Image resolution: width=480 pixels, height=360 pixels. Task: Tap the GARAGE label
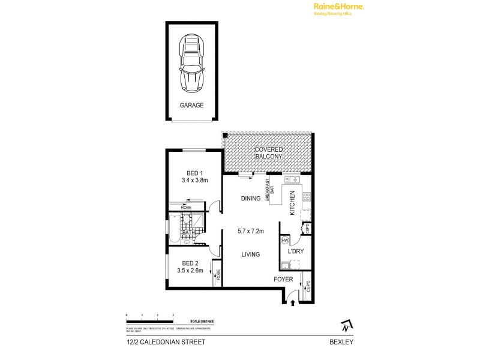[x=192, y=105]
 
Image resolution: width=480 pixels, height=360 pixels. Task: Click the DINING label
[x=250, y=199]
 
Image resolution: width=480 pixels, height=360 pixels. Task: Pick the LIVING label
[x=250, y=254]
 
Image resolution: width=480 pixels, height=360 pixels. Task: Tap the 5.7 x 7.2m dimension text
[x=251, y=231]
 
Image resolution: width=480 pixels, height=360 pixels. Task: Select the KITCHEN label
[x=292, y=203]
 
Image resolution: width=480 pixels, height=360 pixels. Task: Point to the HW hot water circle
[x=285, y=241]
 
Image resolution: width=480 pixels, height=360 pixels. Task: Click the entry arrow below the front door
[x=293, y=304]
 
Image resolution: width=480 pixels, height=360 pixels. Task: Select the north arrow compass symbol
[x=345, y=326]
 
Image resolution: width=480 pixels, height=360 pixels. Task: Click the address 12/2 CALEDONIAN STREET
[x=161, y=342]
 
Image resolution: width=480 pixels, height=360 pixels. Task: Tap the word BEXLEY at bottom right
[x=340, y=342]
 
